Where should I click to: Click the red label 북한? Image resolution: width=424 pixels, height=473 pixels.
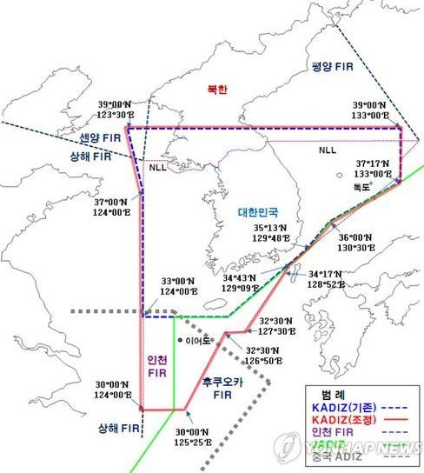[x=215, y=90]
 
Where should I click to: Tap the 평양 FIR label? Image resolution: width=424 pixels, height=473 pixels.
[x=335, y=67]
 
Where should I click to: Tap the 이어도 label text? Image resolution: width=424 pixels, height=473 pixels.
[x=197, y=341]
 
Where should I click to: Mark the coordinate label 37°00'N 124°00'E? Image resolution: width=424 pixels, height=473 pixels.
[x=115, y=205]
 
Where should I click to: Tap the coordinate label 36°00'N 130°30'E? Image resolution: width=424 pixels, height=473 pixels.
[x=355, y=242]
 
